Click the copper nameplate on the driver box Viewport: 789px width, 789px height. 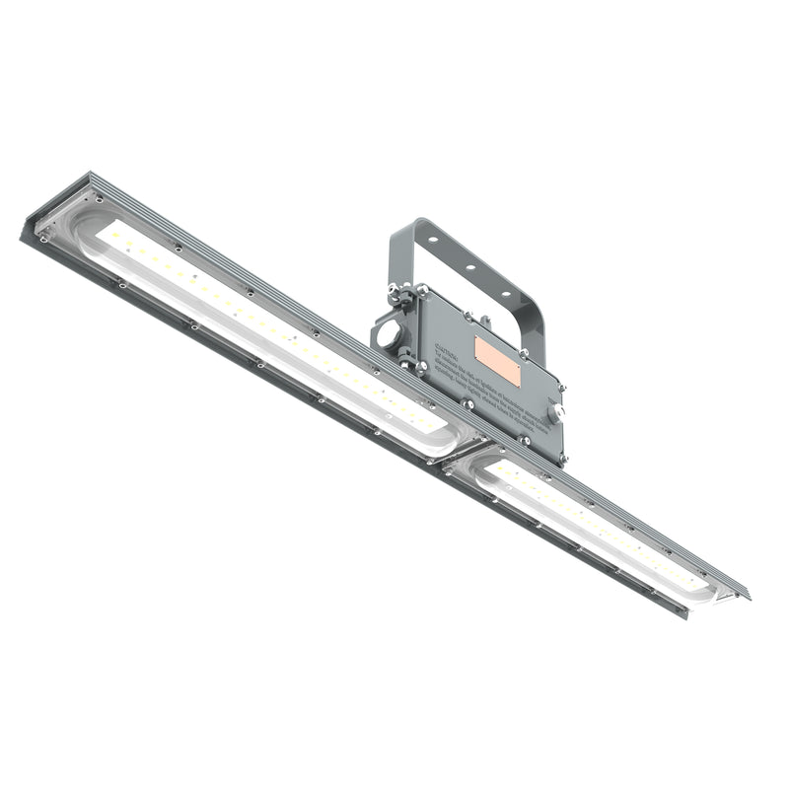(x=497, y=360)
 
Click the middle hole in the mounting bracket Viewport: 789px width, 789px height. (x=469, y=266)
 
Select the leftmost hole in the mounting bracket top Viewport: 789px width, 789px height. (x=433, y=241)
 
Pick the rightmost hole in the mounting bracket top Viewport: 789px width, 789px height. (x=506, y=292)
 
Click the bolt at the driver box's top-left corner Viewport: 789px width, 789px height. (x=421, y=291)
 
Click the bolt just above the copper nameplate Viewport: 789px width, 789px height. (x=483, y=322)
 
